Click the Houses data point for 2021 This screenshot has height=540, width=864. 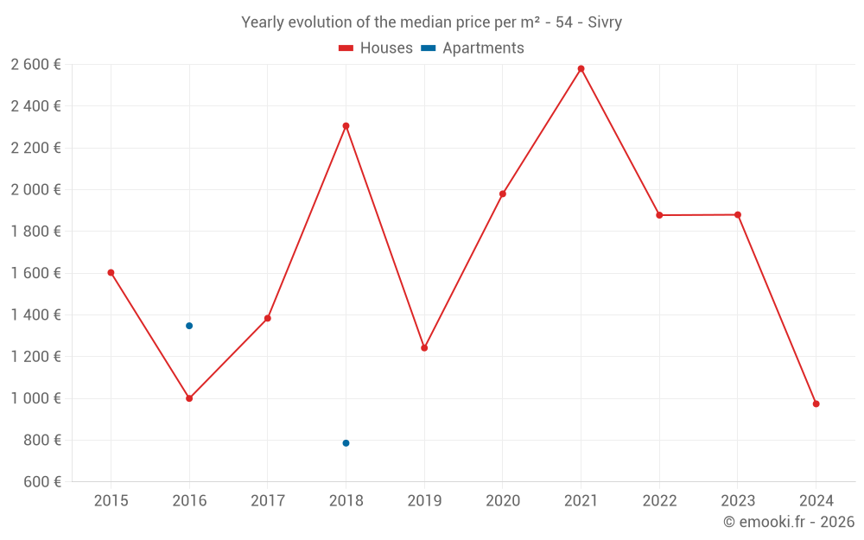581,68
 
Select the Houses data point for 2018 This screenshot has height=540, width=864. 346,126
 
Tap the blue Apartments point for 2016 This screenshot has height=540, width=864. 189,326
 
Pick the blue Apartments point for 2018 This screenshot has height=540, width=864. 346,443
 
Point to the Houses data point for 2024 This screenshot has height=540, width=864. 816,404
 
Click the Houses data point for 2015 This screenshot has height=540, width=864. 111,272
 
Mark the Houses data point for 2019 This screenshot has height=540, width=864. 424,348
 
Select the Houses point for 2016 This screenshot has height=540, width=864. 189,398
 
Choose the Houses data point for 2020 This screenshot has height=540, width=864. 503,194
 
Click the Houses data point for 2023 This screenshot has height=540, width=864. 738,215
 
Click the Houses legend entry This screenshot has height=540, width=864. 376,48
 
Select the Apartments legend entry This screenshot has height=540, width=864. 473,48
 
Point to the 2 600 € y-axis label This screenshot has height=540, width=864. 35,65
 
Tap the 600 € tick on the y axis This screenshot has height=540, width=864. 42,482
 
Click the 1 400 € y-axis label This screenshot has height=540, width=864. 35,315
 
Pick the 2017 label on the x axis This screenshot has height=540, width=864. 268,501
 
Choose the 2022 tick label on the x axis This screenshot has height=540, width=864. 659,501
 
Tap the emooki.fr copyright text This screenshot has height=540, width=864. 789,522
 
